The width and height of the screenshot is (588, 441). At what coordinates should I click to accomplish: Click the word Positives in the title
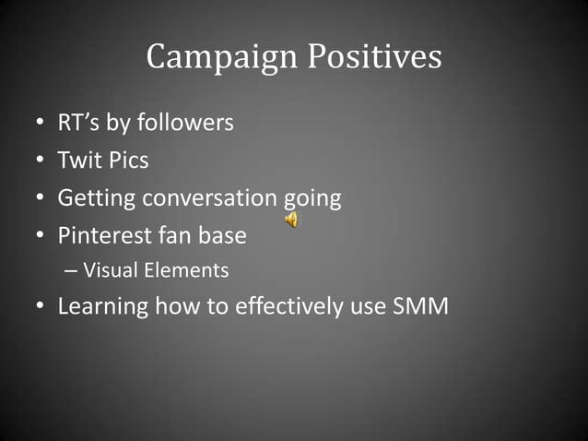point(374,58)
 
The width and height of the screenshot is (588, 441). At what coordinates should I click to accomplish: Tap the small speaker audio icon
point(291,219)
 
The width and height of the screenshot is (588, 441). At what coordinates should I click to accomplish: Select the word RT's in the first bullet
point(79,123)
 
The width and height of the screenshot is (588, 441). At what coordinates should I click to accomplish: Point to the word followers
point(185,123)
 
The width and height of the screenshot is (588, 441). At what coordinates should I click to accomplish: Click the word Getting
point(92,198)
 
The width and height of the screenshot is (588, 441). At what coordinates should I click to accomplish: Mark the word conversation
point(205,198)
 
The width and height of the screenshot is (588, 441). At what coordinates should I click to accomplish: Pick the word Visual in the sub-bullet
point(109,271)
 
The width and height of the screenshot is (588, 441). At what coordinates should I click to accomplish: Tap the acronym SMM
point(420,307)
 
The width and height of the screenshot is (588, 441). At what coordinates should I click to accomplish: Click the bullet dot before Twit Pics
point(41,161)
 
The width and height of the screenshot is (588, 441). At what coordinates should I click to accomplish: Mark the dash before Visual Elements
point(72,271)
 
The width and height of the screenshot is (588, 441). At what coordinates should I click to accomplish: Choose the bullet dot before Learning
point(41,307)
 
